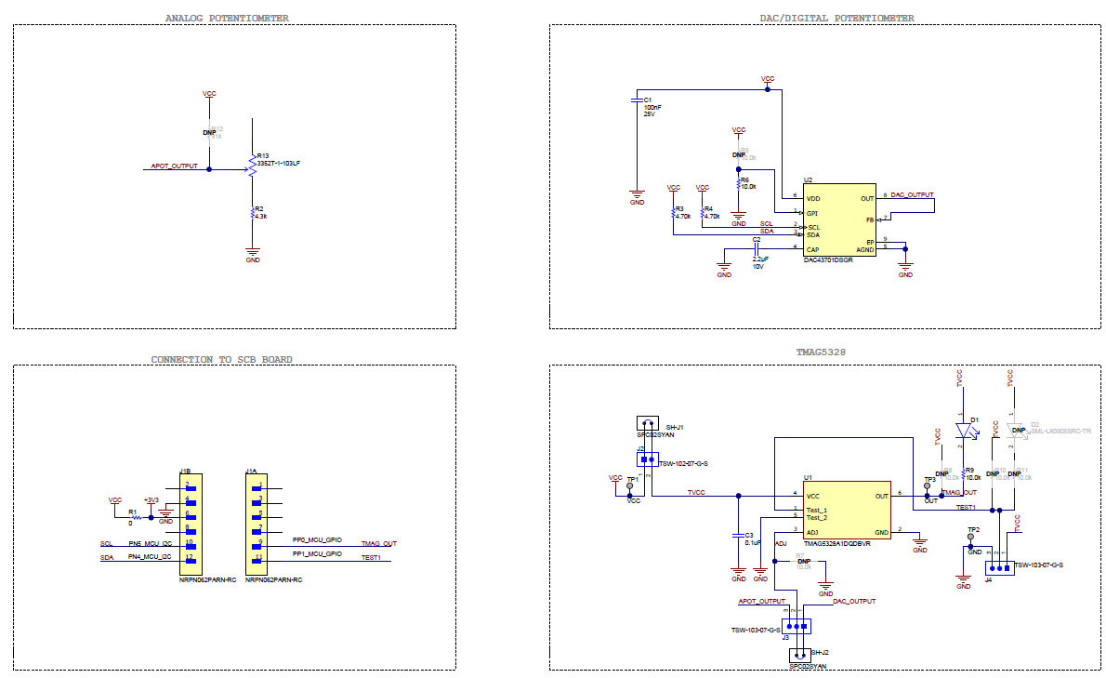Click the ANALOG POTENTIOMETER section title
pos(226,19)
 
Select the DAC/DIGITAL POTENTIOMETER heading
pos(836,19)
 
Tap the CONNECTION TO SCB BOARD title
pos(221,360)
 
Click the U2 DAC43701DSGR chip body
pos(840,220)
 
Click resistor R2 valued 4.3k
pos(252,213)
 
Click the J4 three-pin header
pos(997,568)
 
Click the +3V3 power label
pos(151,499)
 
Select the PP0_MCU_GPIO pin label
pos(317,539)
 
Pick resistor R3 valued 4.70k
pos(673,213)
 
